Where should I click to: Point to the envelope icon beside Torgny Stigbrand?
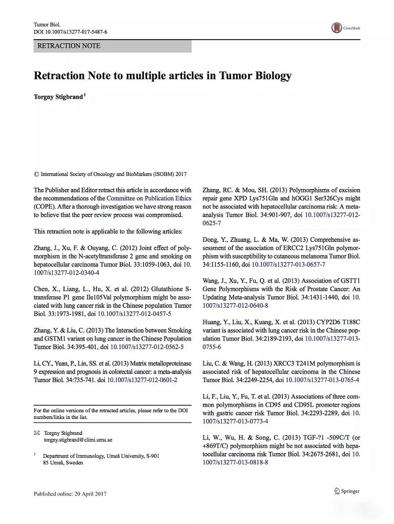(x=37, y=433)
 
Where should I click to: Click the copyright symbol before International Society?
(x=37, y=174)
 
